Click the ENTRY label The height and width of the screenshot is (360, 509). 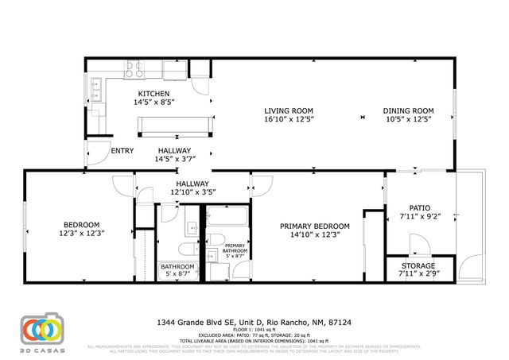pyautogui.click(x=122, y=150)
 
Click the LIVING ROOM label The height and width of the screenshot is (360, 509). pyautogui.click(x=289, y=110)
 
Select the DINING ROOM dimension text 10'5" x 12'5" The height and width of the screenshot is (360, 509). pyautogui.click(x=408, y=120)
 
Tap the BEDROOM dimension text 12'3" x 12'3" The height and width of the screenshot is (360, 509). pyautogui.click(x=82, y=233)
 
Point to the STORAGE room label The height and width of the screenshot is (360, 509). pyautogui.click(x=417, y=265)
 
